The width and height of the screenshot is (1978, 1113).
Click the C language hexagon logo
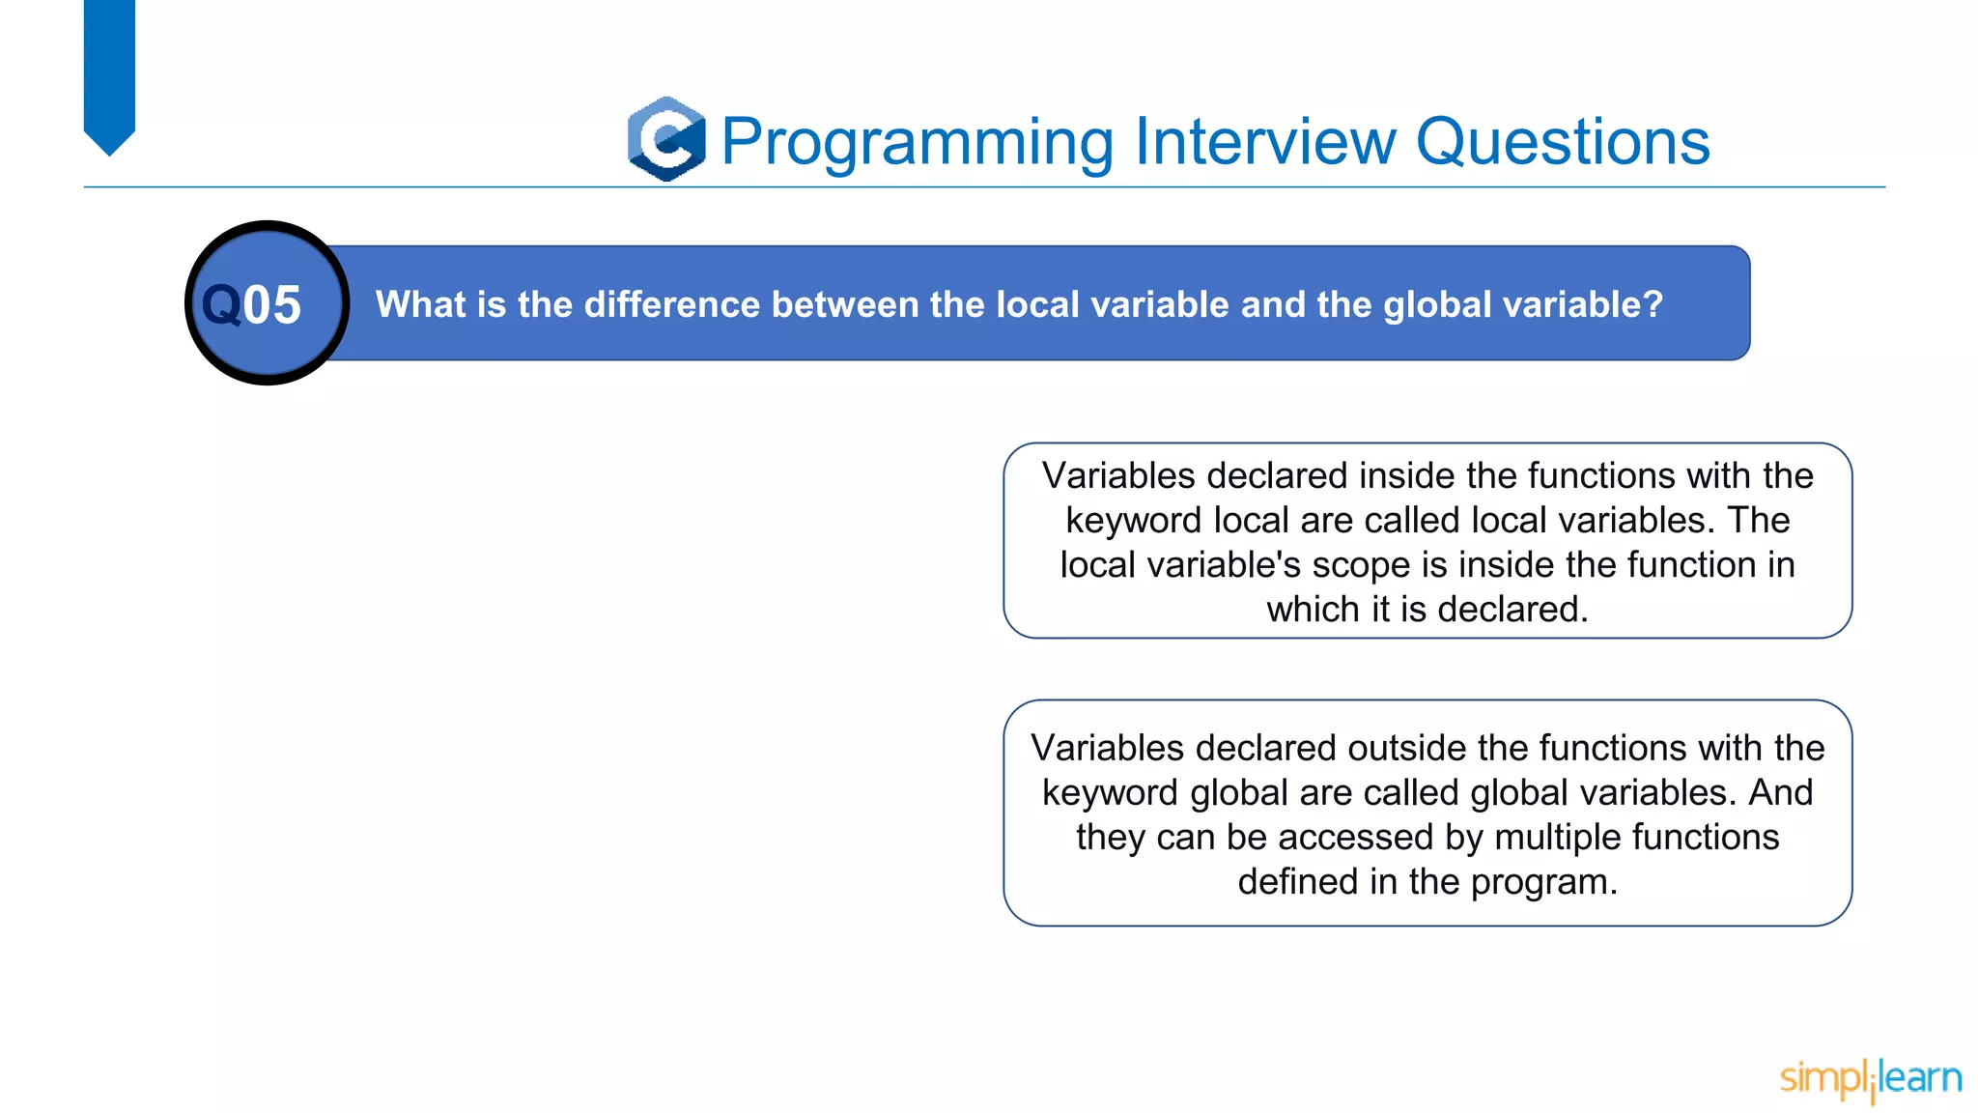[x=666, y=139]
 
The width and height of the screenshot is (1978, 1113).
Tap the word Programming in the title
[x=918, y=143]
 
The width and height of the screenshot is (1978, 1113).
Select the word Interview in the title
[x=1265, y=141]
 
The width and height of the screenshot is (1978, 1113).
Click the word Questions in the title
[x=1562, y=143]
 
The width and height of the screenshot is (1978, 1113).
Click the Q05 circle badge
[x=267, y=303]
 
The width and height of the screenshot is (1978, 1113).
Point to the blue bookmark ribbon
[x=109, y=72]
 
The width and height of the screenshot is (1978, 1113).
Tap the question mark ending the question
[x=1653, y=304]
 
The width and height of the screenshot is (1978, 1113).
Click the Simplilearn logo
[x=1870, y=1078]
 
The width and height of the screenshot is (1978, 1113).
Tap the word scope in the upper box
[x=1361, y=565]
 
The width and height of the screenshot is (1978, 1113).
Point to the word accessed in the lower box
[x=1357, y=838]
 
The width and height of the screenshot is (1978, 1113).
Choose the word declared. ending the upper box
[x=1512, y=610]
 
